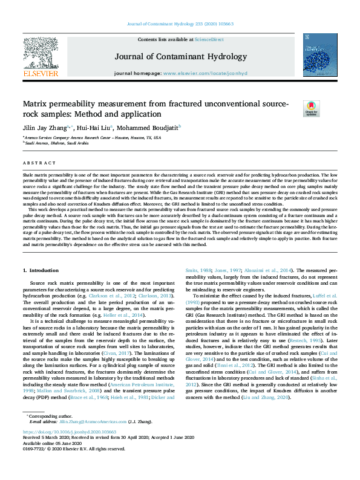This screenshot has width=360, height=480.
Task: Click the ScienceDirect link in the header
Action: point(209,39)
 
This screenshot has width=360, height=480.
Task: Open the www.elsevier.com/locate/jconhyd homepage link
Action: point(213,74)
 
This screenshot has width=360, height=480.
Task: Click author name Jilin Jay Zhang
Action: point(46,128)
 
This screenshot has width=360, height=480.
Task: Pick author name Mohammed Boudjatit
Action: point(149,128)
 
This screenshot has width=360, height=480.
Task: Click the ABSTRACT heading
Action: point(36,163)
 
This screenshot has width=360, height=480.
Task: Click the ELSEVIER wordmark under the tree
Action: point(41,73)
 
